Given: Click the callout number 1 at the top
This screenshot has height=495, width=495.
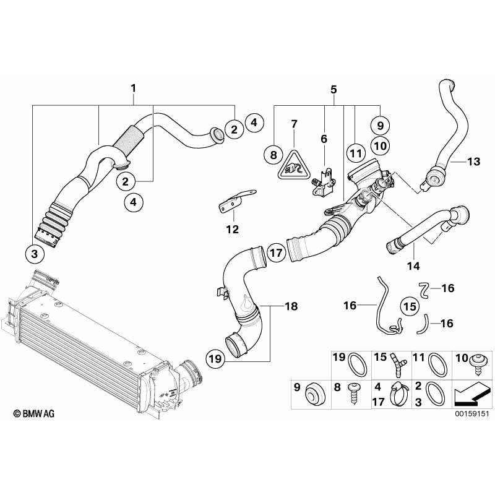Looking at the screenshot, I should pyautogui.click(x=133, y=89).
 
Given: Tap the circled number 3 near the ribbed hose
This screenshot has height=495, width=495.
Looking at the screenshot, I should pyautogui.click(x=35, y=253).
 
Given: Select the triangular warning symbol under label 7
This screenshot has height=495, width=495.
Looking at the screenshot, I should pyautogui.click(x=293, y=165).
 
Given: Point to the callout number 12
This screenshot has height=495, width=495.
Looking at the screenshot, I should pyautogui.click(x=232, y=230).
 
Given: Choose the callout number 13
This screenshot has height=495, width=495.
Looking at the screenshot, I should pyautogui.click(x=473, y=162).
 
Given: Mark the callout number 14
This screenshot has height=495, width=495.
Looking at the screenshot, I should pyautogui.click(x=413, y=265).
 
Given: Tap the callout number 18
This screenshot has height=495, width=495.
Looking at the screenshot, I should pyautogui.click(x=290, y=306).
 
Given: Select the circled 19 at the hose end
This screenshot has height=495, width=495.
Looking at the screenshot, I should pyautogui.click(x=215, y=359).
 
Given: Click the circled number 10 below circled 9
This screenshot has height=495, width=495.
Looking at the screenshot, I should pyautogui.click(x=380, y=145).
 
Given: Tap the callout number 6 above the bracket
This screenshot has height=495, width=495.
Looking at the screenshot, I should pyautogui.click(x=324, y=139).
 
